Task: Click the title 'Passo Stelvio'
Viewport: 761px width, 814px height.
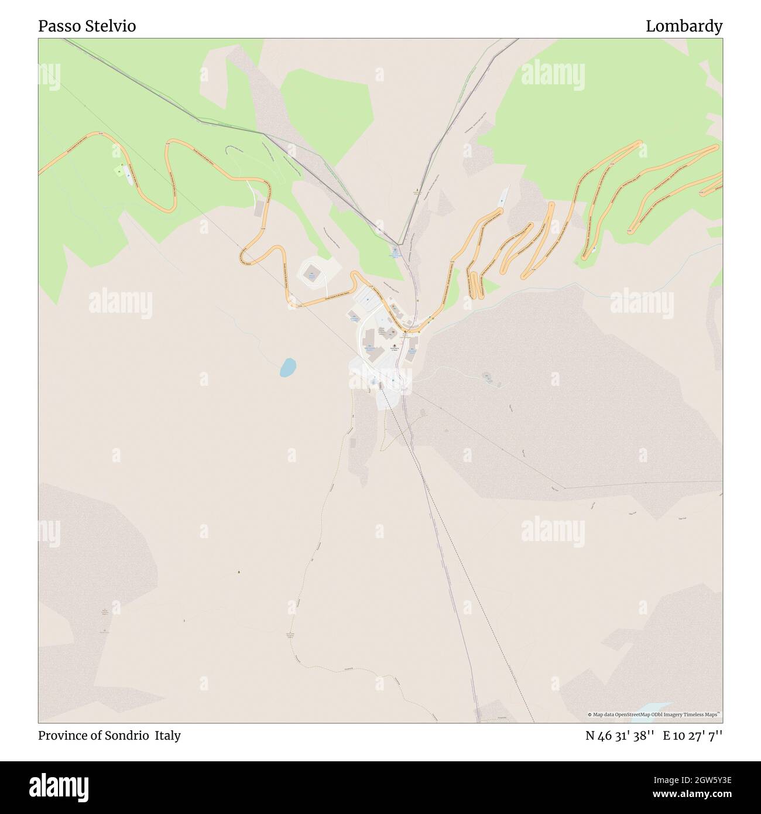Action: (87, 26)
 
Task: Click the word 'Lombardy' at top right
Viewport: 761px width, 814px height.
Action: (684, 26)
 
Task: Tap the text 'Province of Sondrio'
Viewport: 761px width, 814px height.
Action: (94, 736)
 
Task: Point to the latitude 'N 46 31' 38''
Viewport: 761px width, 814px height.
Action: (620, 736)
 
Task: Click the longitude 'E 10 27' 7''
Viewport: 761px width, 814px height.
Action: (693, 736)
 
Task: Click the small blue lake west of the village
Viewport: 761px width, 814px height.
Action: (287, 367)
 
